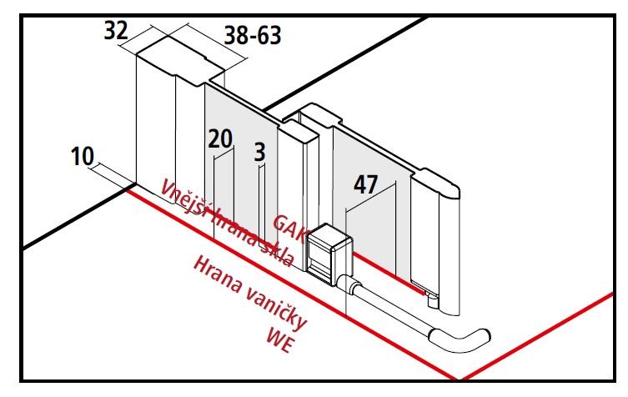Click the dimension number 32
[116, 31]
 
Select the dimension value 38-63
[253, 35]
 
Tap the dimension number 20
[220, 139]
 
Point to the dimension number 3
[260, 153]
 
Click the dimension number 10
[82, 156]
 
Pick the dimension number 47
[365, 184]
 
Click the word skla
[276, 254]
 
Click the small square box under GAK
[329, 254]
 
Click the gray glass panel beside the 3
[241, 168]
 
